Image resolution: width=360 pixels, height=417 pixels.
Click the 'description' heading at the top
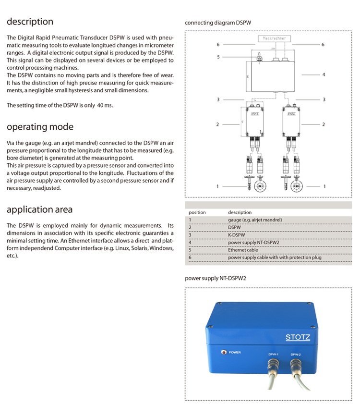click(x=30, y=22)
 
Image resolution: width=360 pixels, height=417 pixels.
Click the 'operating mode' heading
click(x=40, y=127)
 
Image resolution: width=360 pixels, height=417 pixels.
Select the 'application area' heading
click(x=39, y=209)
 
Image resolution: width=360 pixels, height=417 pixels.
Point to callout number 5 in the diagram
click(x=218, y=57)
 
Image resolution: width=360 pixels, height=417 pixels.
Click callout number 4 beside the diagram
click(x=324, y=75)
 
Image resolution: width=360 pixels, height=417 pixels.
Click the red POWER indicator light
click(x=223, y=352)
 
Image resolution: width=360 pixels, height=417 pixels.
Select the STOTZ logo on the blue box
click(x=298, y=337)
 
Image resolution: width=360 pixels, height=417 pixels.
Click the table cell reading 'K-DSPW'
click(x=237, y=234)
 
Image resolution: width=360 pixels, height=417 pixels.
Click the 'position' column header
click(x=197, y=212)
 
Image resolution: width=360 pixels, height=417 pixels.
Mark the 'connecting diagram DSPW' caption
click(x=218, y=23)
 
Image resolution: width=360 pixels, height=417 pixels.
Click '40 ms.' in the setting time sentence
click(x=105, y=105)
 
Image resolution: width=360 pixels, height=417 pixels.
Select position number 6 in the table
click(x=190, y=258)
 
